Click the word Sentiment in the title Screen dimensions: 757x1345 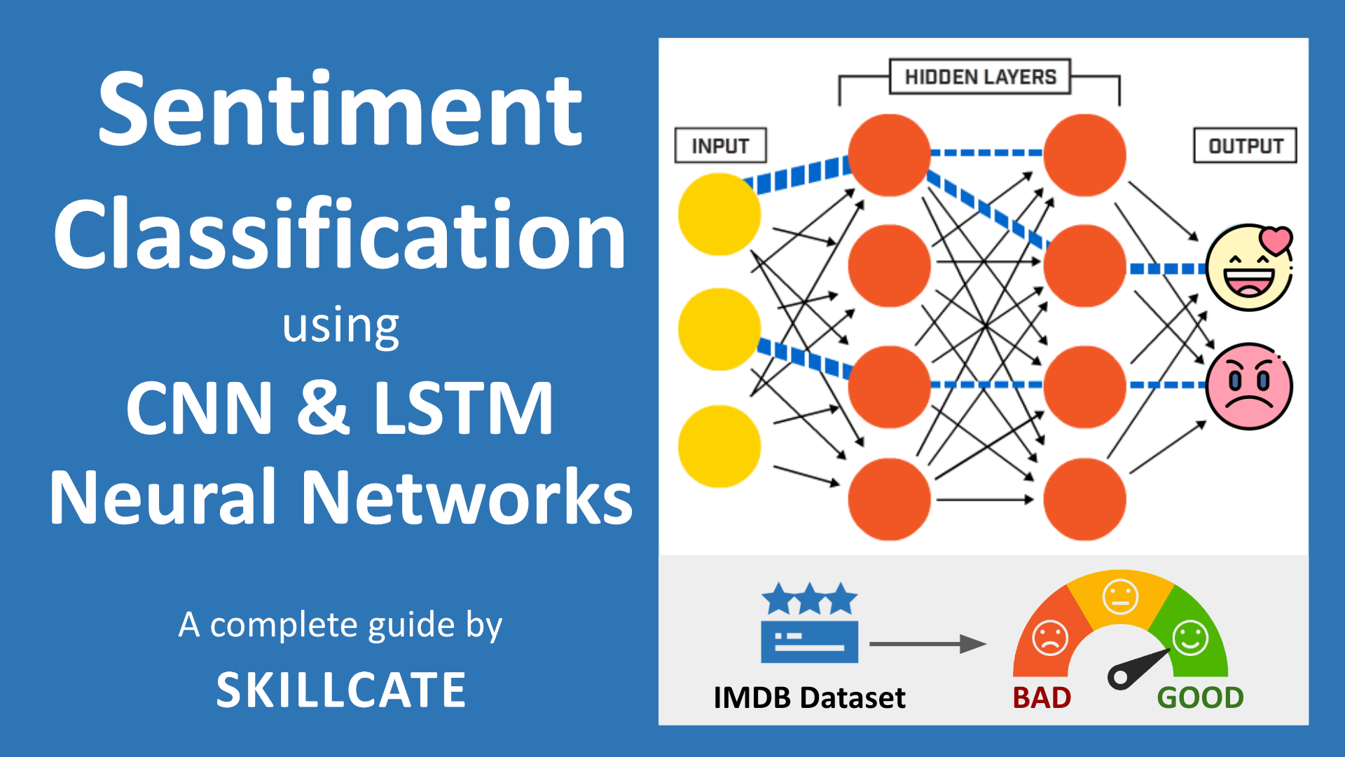pos(340,110)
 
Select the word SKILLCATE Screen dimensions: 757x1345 pos(341,690)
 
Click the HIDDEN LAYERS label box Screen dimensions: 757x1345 pos(980,76)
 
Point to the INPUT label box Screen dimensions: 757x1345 pos(720,146)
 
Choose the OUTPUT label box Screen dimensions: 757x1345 pos(1245,146)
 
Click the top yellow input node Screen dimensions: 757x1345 pos(719,214)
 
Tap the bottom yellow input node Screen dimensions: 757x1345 pos(719,446)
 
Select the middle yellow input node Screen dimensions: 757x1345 pos(719,329)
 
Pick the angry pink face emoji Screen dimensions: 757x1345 pos(1249,386)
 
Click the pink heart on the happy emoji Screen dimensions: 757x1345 pos(1275,240)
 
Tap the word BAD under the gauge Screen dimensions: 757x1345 pos(1042,697)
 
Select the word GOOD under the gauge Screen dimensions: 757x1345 pos(1200,697)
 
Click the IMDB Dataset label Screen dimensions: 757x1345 pos(809,697)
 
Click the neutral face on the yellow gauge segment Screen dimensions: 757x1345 pos(1120,596)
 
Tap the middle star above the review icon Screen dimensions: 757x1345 pos(810,599)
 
